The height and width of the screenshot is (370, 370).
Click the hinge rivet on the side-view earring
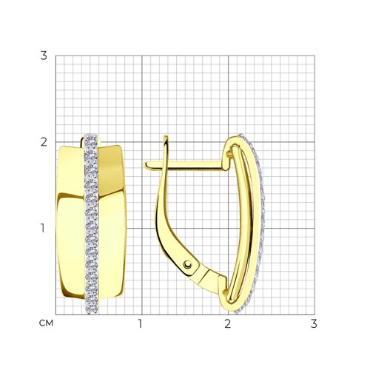click(188, 264)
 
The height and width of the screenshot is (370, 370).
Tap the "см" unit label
click(46, 323)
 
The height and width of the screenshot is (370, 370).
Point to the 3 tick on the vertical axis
click(44, 55)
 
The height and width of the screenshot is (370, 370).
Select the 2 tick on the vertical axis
click(44, 142)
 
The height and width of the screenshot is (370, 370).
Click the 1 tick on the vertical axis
click(43, 228)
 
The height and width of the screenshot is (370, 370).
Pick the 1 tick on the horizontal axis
click(141, 323)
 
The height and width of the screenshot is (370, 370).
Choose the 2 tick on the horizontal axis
click(227, 323)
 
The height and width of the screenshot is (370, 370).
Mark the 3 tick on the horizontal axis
click(314, 323)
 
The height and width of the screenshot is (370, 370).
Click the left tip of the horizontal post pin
click(145, 165)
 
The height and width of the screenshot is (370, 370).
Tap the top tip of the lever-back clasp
click(166, 136)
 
